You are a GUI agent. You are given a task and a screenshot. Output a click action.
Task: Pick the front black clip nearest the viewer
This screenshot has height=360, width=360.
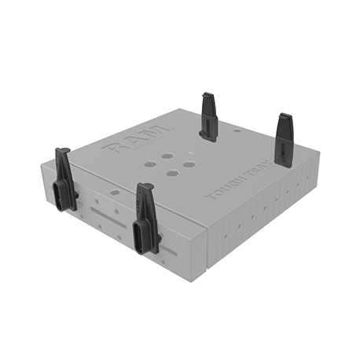tap(146, 219)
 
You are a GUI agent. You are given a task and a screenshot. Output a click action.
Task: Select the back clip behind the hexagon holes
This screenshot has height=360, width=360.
tap(209, 116)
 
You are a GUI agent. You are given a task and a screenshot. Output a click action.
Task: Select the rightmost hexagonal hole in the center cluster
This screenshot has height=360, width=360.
tap(189, 164)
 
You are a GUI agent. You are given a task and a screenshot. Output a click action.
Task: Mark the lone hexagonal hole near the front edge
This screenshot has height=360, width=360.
tap(115, 191)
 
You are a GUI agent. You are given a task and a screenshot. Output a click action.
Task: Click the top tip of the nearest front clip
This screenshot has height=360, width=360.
tap(144, 188)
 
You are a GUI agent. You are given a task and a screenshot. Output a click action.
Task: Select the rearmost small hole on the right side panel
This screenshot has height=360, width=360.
tap(303, 180)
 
